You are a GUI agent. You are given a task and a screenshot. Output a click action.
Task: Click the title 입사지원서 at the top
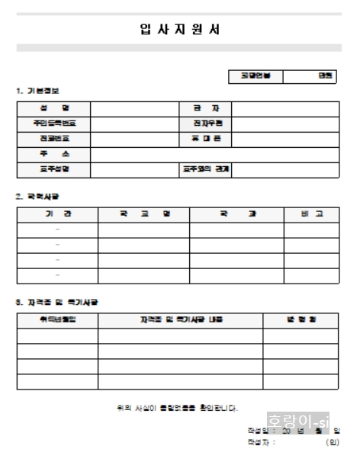[x=180, y=30]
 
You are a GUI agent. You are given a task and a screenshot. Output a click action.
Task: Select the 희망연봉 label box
[x=251, y=76]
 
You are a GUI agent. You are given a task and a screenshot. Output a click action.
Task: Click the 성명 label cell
[x=54, y=108]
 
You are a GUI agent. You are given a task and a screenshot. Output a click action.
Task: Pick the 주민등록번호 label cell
[x=54, y=123]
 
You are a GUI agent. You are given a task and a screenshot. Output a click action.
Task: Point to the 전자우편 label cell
[x=206, y=123]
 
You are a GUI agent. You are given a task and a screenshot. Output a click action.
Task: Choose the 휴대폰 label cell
[x=206, y=139]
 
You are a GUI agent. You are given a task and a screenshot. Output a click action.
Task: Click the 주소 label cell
[x=54, y=154]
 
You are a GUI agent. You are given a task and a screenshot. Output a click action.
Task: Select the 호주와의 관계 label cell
[x=206, y=169]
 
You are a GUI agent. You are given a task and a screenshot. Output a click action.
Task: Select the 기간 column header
[x=58, y=213]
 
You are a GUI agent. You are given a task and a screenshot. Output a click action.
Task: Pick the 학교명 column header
[x=143, y=213]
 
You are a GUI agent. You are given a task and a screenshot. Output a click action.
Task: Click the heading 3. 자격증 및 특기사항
[x=57, y=303]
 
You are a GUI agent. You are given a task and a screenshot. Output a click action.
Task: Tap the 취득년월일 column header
[x=58, y=320]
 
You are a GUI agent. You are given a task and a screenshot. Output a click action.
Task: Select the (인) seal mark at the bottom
[x=333, y=442]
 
